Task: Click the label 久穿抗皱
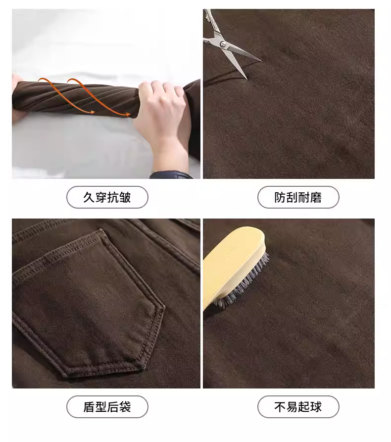point(107,197)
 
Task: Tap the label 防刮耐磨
point(298,197)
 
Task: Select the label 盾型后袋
point(107,407)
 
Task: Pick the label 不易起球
point(298,407)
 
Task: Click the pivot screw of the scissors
point(223,44)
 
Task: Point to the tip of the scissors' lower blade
point(246,79)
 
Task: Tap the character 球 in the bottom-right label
point(316,407)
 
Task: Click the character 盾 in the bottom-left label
point(89,407)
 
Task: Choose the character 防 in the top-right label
point(280,197)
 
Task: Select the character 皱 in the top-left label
point(125,197)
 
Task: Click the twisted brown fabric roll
point(76,99)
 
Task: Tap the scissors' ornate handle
point(210,27)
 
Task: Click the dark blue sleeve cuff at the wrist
point(170,175)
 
